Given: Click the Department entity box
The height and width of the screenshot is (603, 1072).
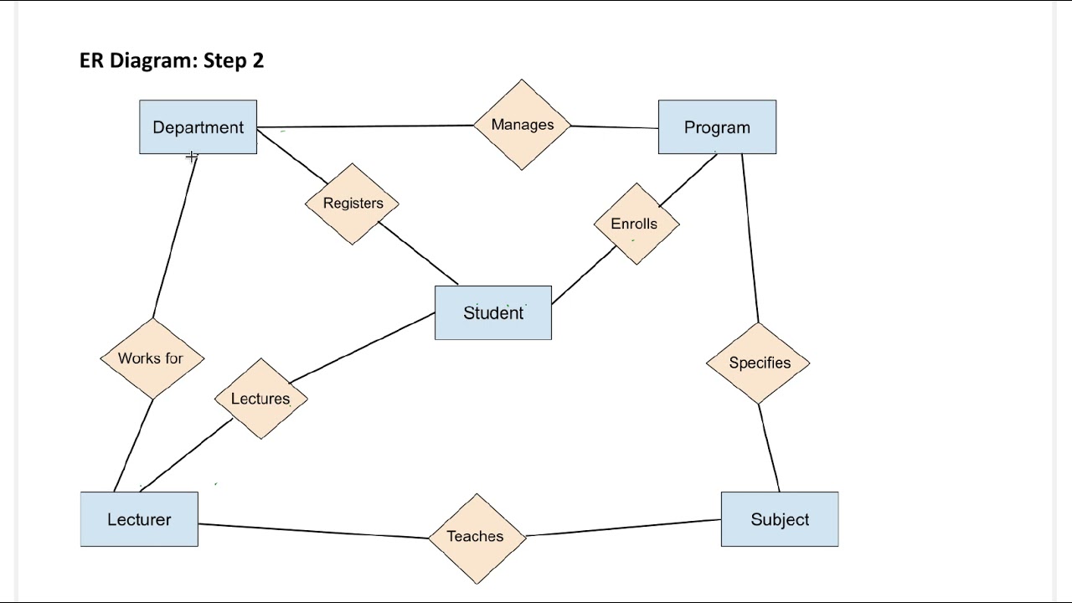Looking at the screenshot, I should tap(198, 127).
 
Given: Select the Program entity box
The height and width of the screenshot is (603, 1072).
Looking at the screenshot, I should tap(717, 127).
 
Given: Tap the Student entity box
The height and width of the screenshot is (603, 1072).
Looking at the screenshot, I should tap(492, 312).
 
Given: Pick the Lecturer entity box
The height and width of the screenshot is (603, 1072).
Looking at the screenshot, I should tap(139, 519).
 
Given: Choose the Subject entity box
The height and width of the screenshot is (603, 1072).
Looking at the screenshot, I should tap(779, 519).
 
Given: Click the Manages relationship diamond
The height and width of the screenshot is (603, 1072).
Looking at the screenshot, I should tap(522, 125).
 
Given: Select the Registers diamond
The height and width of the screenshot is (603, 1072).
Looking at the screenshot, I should tap(353, 204).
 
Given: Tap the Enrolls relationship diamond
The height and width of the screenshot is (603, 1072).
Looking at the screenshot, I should tap(636, 224).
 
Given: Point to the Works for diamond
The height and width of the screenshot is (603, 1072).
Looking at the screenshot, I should tap(152, 358).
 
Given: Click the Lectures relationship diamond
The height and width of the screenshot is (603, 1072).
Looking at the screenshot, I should tap(260, 399).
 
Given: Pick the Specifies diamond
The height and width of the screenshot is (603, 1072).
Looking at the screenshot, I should tap(759, 363).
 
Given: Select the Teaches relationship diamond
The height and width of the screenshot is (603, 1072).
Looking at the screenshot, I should tap(476, 537).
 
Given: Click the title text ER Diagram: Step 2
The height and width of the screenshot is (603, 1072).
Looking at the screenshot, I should tap(172, 60).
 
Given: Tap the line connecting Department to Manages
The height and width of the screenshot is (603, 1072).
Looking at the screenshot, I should tap(364, 126).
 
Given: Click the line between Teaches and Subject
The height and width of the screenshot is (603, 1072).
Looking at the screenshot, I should tap(624, 528).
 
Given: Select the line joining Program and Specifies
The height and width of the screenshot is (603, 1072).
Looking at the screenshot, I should tap(750, 239).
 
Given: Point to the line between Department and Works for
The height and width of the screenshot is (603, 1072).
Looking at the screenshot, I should tap(174, 239).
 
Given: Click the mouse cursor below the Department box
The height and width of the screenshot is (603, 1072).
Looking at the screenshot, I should tap(192, 157).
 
